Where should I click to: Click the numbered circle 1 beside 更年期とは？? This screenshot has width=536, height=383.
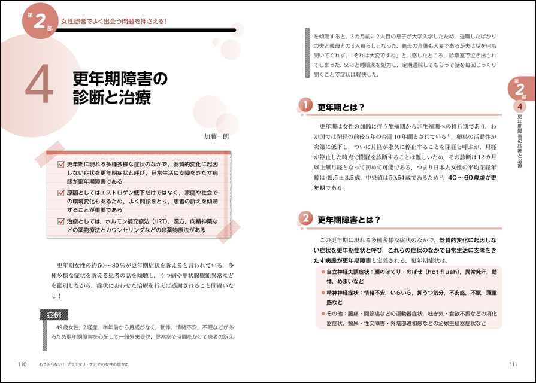[305, 107]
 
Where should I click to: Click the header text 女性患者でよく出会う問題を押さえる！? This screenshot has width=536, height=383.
[116, 22]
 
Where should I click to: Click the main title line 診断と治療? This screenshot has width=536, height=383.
[111, 97]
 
